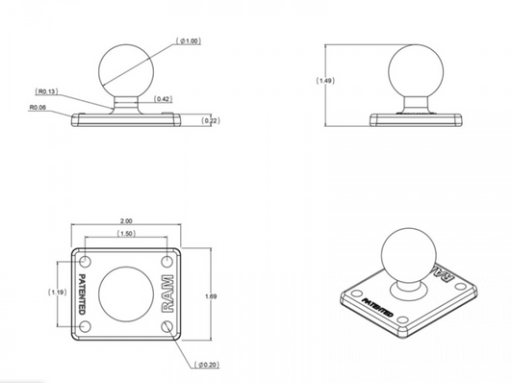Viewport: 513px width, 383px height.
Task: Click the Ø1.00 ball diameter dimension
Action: point(189,40)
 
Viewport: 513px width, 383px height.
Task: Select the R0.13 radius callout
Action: point(46,91)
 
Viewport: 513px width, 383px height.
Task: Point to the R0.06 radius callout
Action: point(38,107)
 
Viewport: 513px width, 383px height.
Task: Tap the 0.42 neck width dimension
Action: point(163,99)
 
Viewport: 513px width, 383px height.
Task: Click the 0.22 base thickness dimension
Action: point(211,120)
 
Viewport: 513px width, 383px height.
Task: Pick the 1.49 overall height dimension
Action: point(325,81)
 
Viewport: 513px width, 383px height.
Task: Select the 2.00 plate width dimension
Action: point(126,221)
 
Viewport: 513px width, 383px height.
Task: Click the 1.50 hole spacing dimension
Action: point(126,233)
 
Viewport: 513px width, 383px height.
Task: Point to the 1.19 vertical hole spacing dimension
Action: point(58,293)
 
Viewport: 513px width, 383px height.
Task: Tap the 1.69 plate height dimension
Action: point(211,296)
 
